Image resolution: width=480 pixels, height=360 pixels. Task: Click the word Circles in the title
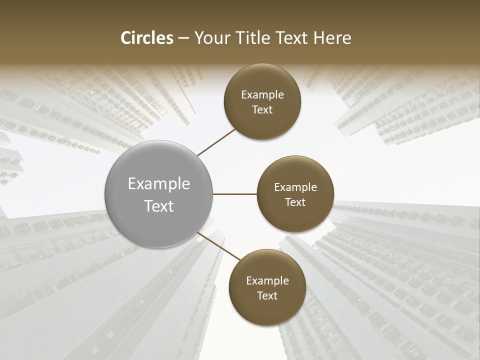[146, 38]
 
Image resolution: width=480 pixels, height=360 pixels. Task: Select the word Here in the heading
[332, 38]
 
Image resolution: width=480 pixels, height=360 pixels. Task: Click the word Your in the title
[211, 38]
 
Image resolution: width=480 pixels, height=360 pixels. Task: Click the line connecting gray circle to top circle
[216, 142]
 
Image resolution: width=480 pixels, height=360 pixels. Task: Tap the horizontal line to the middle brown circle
[234, 194]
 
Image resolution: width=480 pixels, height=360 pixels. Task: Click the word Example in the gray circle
[159, 184]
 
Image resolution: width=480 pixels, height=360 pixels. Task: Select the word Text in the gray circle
[159, 206]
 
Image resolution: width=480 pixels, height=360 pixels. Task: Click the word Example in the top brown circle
[262, 95]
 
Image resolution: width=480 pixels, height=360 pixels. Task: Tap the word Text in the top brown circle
[262, 109]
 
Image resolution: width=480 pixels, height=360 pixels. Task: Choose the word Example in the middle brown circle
[295, 187]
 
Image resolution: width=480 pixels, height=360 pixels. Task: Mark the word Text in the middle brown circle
[295, 202]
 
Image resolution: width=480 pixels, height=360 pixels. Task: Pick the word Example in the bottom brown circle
[267, 281]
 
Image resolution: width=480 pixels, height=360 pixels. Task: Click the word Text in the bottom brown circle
[267, 295]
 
